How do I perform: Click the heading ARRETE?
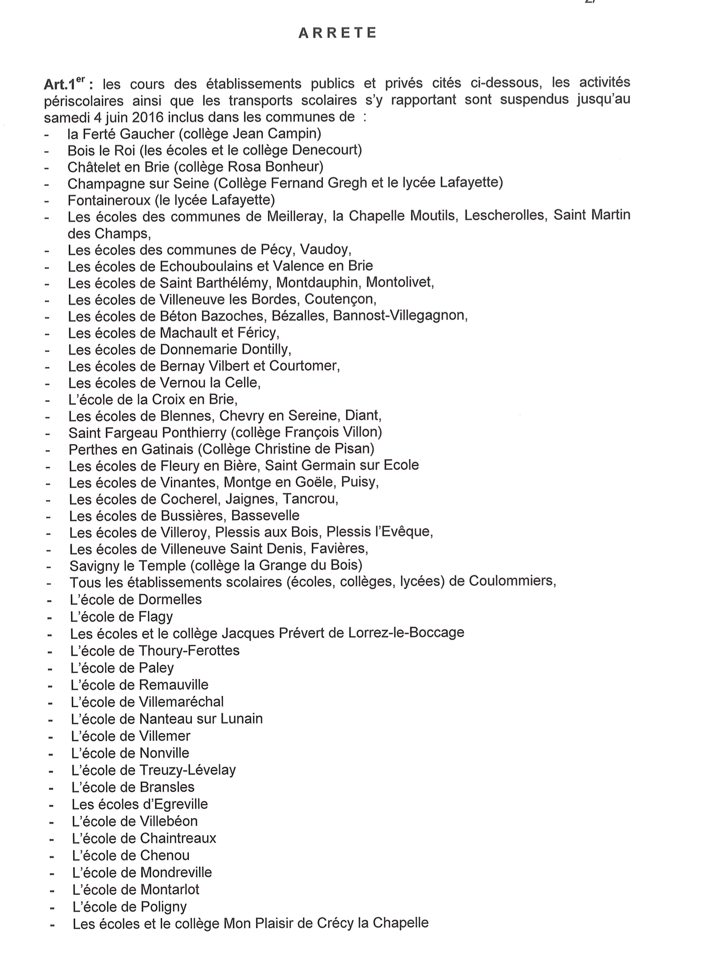(x=337, y=33)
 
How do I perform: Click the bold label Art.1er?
(x=65, y=84)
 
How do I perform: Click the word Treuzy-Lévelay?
(x=187, y=769)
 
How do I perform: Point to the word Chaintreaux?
(x=178, y=838)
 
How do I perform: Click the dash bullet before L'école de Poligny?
(x=52, y=907)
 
